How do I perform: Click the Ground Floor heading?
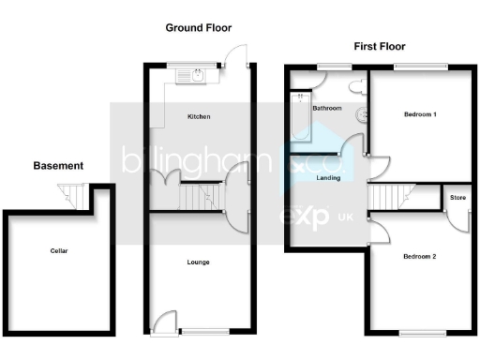point(198,28)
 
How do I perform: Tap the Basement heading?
point(58,166)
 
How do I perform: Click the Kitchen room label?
point(198,117)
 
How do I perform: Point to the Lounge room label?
point(198,262)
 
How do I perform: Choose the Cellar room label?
point(59,251)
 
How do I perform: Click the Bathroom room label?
point(326,109)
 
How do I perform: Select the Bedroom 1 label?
point(420,114)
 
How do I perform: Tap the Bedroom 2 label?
point(419,256)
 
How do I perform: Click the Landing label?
point(328,177)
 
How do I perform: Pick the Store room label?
point(457,198)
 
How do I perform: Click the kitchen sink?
point(195,74)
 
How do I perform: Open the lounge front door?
point(165,322)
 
